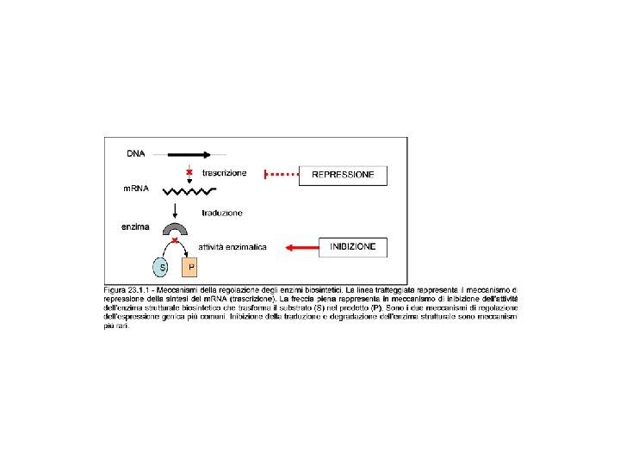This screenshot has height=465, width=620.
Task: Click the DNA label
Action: [136, 155]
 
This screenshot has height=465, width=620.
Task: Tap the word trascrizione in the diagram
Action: [224, 173]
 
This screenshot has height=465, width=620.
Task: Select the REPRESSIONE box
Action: [343, 175]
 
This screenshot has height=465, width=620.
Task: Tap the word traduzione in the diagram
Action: [222, 213]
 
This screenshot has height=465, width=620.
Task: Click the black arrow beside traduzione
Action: [176, 212]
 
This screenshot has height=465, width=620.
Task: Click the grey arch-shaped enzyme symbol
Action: [176, 229]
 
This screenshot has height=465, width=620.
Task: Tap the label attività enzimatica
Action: [232, 248]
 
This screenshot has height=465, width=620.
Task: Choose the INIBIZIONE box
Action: [353, 247]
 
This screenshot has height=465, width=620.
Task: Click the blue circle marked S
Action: [159, 266]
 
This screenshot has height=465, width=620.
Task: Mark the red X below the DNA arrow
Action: [177, 171]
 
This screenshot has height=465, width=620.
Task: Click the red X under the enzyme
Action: [176, 242]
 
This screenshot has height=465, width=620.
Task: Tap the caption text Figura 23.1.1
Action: [127, 288]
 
